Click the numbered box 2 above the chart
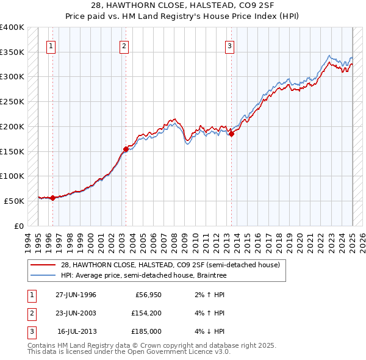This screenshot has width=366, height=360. pos(124,45)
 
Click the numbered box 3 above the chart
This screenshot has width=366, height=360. pos(230,45)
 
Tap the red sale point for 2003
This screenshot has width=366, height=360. pos(126,148)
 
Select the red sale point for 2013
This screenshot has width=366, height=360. pos(232,134)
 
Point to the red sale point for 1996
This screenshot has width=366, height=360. pos(53,197)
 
